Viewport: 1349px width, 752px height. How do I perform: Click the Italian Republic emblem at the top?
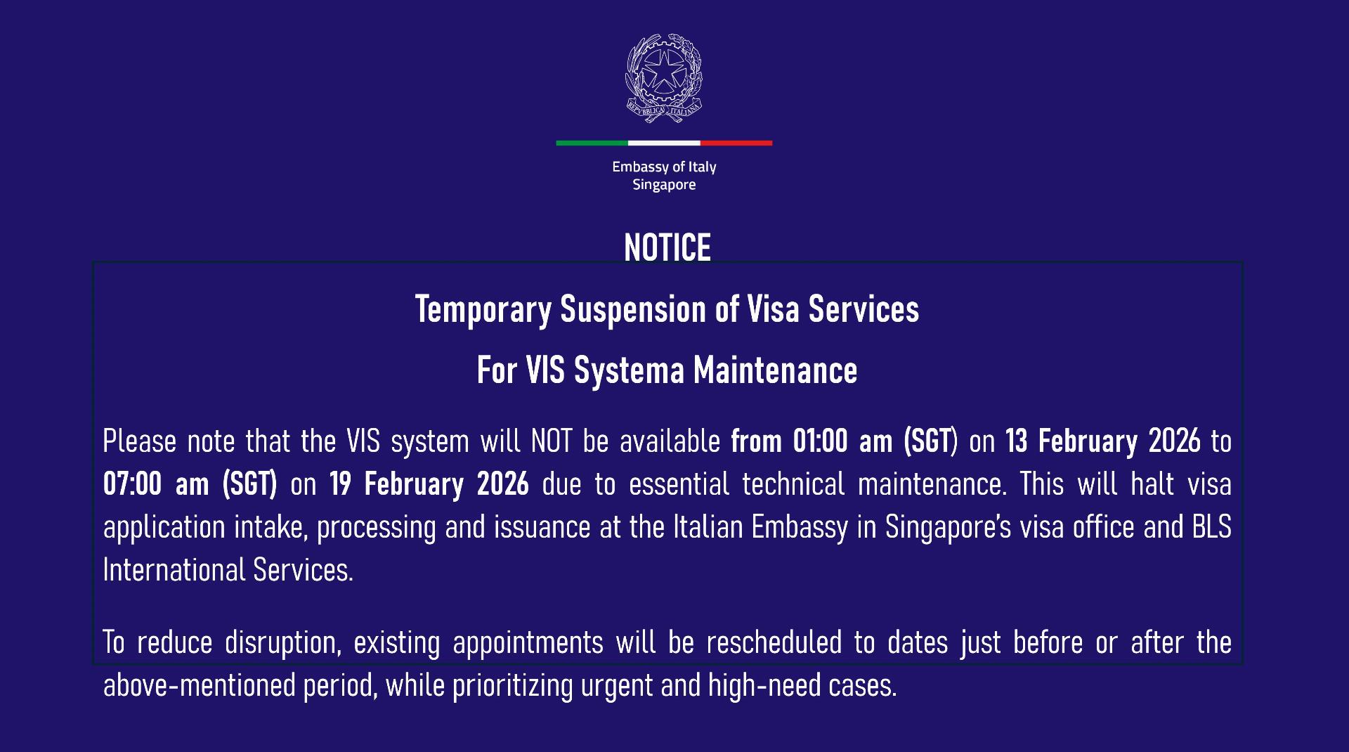click(664, 78)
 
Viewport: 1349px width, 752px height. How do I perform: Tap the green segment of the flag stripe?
click(592, 143)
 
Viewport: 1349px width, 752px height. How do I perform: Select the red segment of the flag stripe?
click(736, 143)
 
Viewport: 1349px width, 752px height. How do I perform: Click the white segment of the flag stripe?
click(664, 143)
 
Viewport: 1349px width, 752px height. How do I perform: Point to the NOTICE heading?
click(667, 247)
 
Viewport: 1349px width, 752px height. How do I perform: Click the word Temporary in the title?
click(483, 310)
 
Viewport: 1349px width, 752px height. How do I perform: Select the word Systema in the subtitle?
click(629, 370)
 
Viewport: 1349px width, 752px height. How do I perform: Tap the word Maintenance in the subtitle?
click(776, 370)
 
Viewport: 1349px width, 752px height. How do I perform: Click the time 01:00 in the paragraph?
click(820, 441)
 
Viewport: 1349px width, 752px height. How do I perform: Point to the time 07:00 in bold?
click(132, 484)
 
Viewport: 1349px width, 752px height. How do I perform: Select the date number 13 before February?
click(1017, 441)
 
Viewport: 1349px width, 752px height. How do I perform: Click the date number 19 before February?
click(340, 484)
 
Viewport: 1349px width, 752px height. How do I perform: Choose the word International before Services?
click(173, 570)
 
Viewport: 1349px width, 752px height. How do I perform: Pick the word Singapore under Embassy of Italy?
click(664, 185)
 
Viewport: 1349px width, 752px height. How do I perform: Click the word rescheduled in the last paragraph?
click(774, 642)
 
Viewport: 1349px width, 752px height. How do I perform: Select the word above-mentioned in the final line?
click(199, 685)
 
